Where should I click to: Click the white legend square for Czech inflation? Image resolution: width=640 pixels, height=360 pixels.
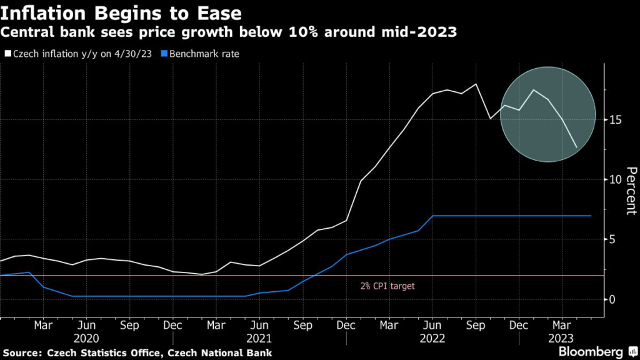(7, 54)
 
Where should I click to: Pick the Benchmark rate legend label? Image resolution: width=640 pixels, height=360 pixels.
(209, 54)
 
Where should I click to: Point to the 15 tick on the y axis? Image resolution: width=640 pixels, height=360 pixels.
(616, 119)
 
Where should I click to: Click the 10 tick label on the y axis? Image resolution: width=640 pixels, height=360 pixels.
(616, 179)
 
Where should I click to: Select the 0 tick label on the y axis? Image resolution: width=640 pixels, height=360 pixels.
(614, 299)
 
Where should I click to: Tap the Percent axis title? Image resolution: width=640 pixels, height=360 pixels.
(631, 191)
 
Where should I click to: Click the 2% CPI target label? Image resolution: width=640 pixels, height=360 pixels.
(387, 286)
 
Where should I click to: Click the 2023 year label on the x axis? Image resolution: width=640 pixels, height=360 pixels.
(561, 338)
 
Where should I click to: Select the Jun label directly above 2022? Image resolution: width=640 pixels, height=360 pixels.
(432, 326)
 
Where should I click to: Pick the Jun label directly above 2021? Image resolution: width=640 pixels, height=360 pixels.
(259, 326)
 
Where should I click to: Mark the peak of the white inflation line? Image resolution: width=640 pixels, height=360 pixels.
(476, 84)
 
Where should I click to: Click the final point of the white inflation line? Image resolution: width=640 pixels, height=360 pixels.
(576, 147)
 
